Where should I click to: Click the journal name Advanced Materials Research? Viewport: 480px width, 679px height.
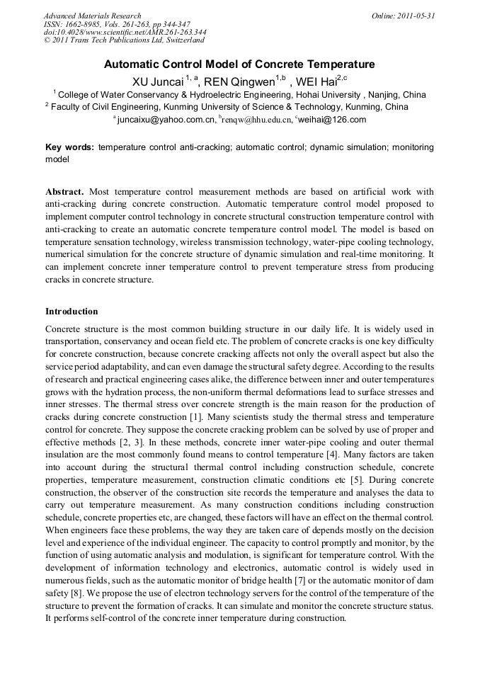tap(92, 16)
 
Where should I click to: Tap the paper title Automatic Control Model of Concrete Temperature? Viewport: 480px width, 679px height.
tap(239, 64)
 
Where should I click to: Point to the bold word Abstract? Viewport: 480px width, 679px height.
tap(64, 192)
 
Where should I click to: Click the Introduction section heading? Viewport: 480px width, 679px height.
tap(72, 312)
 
